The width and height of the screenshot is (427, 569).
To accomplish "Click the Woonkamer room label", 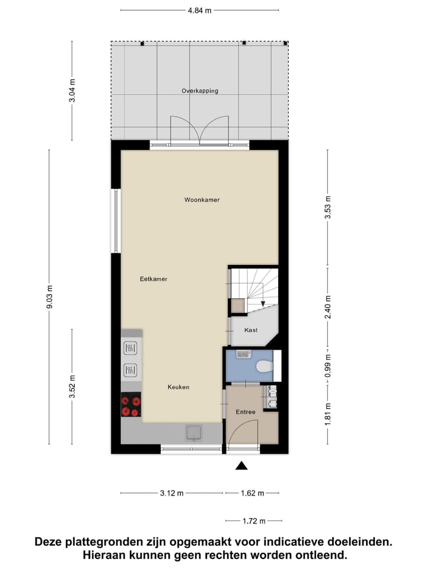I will [202, 200].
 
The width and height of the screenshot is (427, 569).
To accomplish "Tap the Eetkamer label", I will [154, 279].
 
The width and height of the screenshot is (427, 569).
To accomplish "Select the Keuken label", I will [178, 387].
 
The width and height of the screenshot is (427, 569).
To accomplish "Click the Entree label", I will [245, 412].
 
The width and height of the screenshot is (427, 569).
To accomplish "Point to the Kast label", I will [251, 330].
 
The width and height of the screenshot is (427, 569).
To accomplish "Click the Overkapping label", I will [200, 91].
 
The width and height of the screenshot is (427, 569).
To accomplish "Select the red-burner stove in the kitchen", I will [131, 405].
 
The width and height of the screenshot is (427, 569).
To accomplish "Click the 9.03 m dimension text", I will [50, 297].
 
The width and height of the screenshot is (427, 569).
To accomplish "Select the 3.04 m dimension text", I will [72, 91].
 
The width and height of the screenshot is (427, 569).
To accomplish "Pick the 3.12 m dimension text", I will [172, 493].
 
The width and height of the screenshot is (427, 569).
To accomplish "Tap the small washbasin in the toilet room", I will [241, 354].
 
